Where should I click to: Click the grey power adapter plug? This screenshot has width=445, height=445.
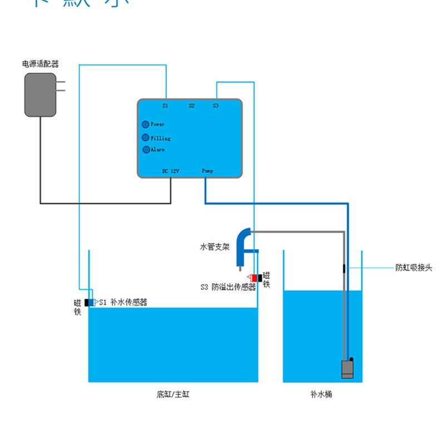(x=41, y=95)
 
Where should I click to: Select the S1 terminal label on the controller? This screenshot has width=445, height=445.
(x=165, y=105)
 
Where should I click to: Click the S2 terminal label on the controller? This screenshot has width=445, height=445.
(x=191, y=105)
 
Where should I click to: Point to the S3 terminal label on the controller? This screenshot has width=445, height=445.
(x=216, y=105)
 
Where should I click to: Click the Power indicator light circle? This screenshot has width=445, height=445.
(x=145, y=125)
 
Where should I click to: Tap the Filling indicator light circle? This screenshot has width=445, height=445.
(x=145, y=137)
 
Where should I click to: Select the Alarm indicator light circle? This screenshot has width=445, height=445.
(x=146, y=150)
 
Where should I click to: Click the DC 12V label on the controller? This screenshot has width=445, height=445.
(x=170, y=171)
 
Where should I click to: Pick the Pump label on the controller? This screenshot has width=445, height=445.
(x=207, y=171)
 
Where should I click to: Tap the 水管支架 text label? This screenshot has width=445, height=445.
(x=215, y=246)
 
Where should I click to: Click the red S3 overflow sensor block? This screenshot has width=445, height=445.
(x=254, y=278)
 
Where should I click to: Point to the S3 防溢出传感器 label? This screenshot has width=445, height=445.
(x=228, y=288)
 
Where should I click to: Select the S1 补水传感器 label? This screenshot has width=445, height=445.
(x=123, y=303)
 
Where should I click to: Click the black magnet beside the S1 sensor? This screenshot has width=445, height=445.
(x=88, y=303)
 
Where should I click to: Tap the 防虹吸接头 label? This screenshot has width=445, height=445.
(x=413, y=268)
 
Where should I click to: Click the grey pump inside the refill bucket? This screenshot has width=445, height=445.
(x=348, y=369)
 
